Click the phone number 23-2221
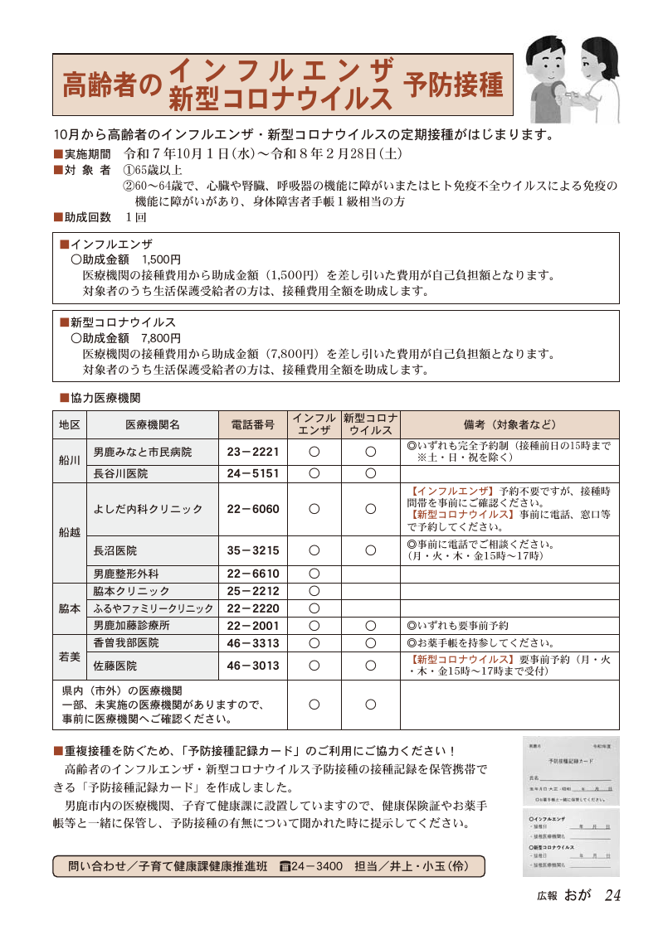coord(253,452)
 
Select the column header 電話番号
coord(253,424)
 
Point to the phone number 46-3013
coord(253,665)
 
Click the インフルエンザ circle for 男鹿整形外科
coord(314,574)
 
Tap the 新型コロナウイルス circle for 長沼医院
coord(371,550)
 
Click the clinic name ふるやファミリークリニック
coord(153,608)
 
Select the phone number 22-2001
coord(253,626)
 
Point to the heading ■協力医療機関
coord(100,398)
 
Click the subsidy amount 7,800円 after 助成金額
coord(161,338)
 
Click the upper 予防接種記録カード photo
coord(571,770)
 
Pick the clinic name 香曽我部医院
coord(126,643)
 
